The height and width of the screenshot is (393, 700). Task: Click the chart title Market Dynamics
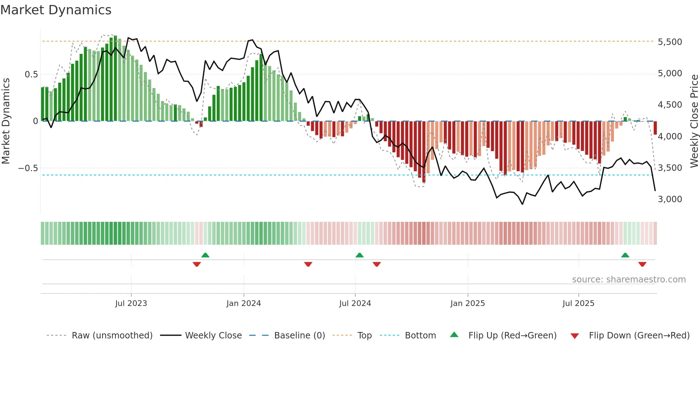click(x=56, y=10)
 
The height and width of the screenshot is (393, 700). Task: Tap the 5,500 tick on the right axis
click(x=670, y=42)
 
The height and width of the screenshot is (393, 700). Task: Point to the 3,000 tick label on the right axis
click(x=670, y=199)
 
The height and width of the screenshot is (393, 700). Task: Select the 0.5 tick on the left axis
click(x=31, y=74)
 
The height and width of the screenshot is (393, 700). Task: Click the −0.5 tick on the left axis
click(x=28, y=168)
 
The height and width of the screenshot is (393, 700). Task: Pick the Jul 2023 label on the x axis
click(x=131, y=303)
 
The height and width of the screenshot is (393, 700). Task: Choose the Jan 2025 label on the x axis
click(x=467, y=303)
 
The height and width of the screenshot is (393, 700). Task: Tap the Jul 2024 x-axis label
click(x=355, y=303)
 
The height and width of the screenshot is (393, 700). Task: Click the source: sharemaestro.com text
click(x=629, y=279)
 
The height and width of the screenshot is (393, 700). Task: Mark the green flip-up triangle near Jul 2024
click(x=360, y=255)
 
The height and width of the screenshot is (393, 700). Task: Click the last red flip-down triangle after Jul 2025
click(x=642, y=264)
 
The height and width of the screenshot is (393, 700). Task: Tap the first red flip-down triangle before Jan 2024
click(x=197, y=264)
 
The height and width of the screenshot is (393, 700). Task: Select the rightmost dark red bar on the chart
click(x=655, y=128)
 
